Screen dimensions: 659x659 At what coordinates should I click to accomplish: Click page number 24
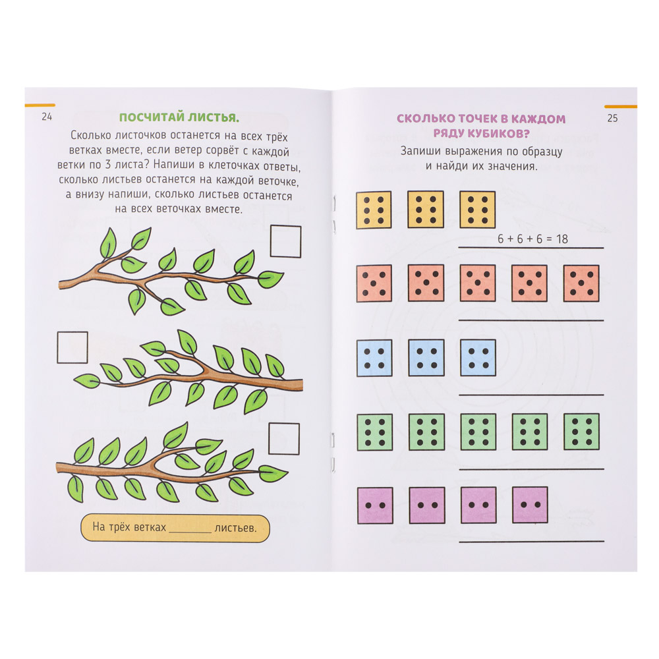tap(47, 117)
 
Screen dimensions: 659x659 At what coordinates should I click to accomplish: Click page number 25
tap(612, 118)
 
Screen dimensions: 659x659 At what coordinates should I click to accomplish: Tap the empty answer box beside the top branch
tap(285, 241)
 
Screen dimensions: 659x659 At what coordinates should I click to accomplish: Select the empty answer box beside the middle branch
tap(72, 347)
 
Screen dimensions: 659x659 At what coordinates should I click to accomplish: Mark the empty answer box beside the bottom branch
tap(283, 438)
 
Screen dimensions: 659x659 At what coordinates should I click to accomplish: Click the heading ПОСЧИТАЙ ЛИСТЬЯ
tap(179, 117)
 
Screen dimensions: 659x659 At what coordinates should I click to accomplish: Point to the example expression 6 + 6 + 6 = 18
tap(532, 239)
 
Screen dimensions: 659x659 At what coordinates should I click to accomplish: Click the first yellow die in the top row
tap(374, 210)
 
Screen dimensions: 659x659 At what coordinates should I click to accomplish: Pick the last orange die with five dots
tap(581, 283)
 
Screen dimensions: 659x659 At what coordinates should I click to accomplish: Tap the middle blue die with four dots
tap(426, 358)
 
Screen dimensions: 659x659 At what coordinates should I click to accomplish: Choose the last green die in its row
tap(581, 432)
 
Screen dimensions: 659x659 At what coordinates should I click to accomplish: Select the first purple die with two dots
tap(375, 505)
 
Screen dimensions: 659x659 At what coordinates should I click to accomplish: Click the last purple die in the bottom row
tap(530, 505)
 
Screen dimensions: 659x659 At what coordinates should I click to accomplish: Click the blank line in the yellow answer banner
tap(190, 532)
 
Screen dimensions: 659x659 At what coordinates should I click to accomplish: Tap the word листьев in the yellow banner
tap(235, 528)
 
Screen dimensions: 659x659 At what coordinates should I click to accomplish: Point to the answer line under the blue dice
tap(531, 395)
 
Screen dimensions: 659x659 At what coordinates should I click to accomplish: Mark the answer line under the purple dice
tap(532, 541)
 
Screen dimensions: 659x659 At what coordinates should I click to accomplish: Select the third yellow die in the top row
tap(477, 210)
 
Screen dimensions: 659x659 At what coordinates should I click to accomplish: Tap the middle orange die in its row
tap(477, 283)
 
